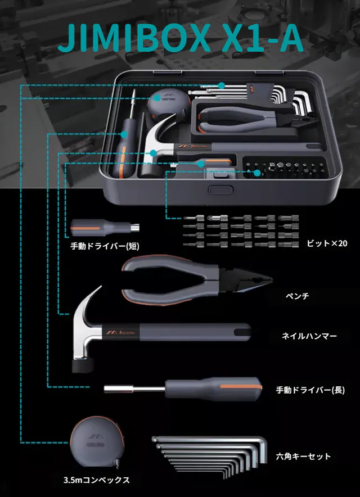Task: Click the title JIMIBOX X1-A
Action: [180, 38]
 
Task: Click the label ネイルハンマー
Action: [309, 336]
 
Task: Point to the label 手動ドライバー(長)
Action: [310, 390]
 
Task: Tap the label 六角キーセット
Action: [304, 456]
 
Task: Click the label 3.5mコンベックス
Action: [97, 480]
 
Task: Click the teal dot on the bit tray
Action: [257, 173]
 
